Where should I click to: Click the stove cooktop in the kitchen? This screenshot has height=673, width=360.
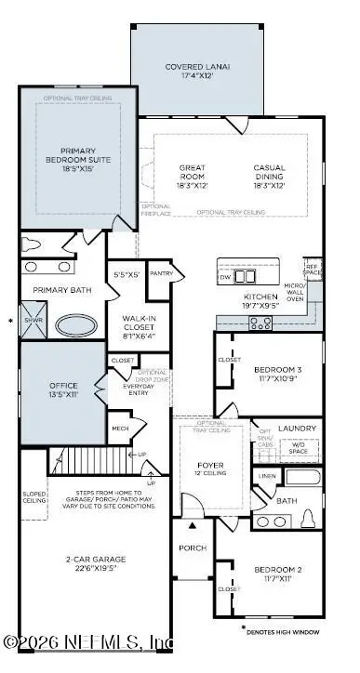[x=261, y=323]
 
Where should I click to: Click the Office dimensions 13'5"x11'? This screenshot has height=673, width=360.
[x=62, y=393]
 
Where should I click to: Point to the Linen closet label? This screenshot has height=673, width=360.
[x=267, y=477]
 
